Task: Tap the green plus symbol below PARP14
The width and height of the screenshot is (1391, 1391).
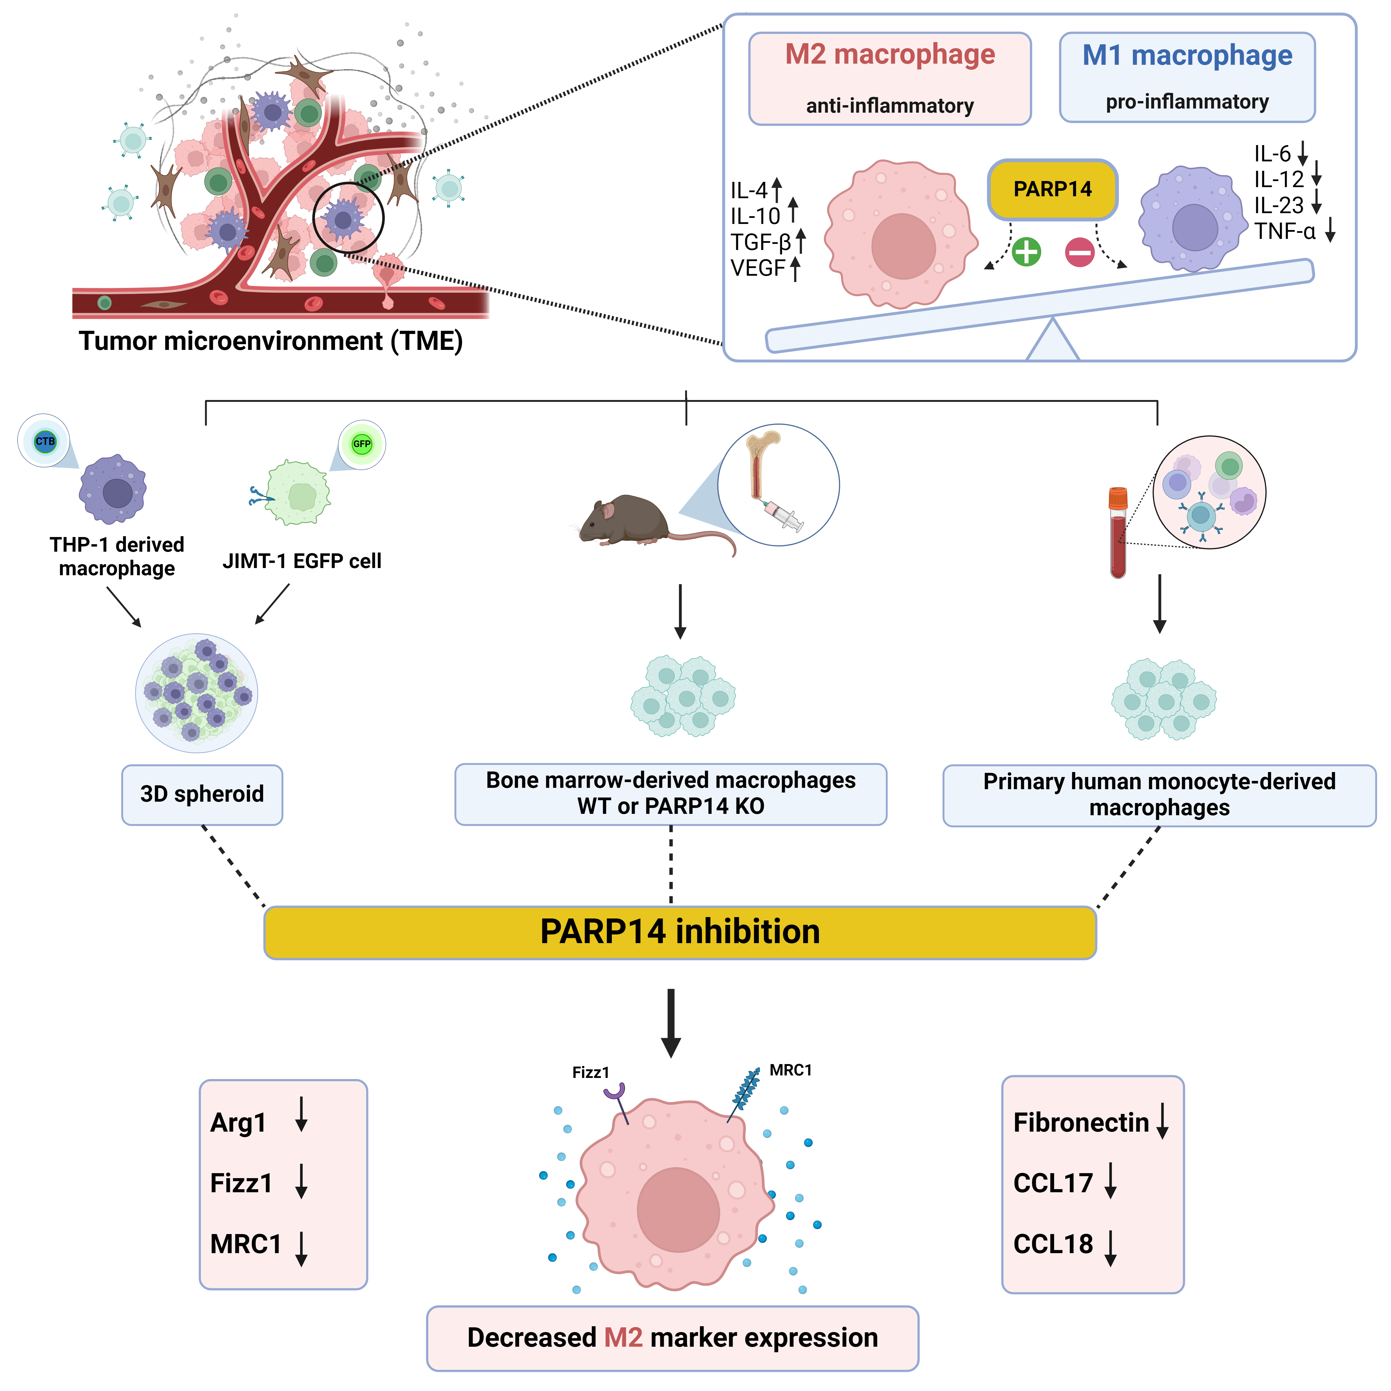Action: pyautogui.click(x=1026, y=252)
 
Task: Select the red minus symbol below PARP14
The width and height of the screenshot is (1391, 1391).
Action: pyautogui.click(x=1079, y=252)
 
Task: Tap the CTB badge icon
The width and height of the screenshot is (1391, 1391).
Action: pyautogui.click(x=45, y=441)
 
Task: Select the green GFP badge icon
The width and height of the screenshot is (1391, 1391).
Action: pyautogui.click(x=362, y=443)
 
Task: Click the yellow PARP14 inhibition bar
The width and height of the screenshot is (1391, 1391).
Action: pyautogui.click(x=680, y=932)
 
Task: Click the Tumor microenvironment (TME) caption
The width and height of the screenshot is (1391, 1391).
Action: pyautogui.click(x=271, y=340)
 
